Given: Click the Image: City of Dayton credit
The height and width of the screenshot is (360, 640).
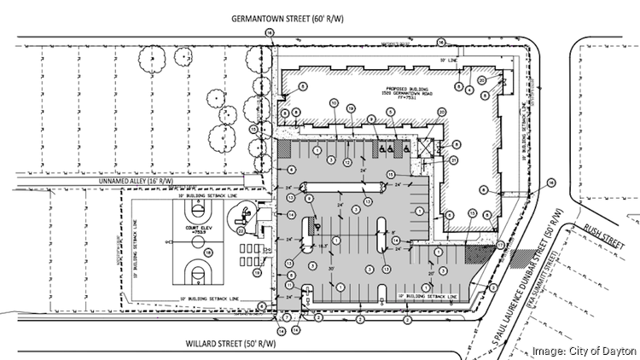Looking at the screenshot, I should pyautogui.click(x=585, y=351).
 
